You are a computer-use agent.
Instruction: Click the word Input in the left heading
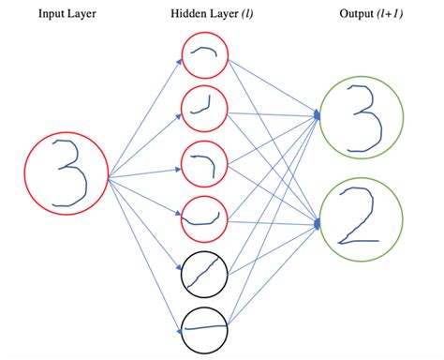(x=51, y=16)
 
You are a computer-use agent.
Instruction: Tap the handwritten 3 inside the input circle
(x=67, y=174)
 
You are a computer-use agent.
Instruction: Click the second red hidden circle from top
(x=205, y=112)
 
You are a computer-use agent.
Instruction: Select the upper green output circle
(x=362, y=117)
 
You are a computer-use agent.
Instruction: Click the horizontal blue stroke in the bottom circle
(x=205, y=327)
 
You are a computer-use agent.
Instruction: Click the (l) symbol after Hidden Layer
(x=245, y=16)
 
